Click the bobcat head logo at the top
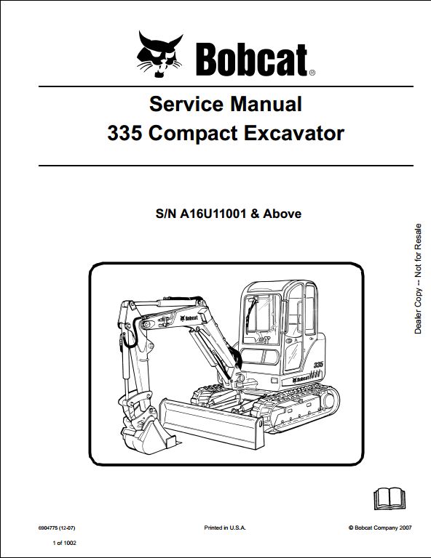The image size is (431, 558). [x=159, y=54]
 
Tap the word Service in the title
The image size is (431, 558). [x=186, y=104]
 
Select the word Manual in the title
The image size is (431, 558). [x=266, y=104]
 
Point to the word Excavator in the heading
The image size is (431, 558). [x=294, y=134]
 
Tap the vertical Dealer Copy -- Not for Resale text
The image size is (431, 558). [x=418, y=279]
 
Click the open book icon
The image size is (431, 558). [x=390, y=498]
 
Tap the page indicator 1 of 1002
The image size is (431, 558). [x=64, y=543]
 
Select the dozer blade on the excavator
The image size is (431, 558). [x=213, y=422]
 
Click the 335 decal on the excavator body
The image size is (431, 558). [x=318, y=365]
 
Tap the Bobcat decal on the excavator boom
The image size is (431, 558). [x=189, y=318]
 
